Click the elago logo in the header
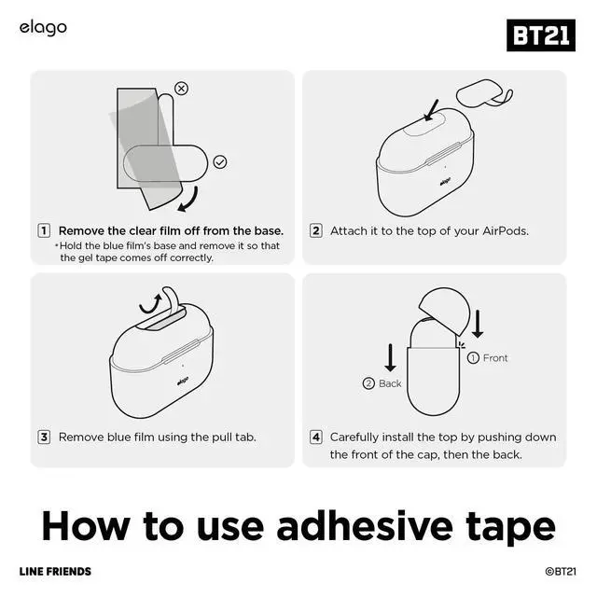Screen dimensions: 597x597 coord(43,28)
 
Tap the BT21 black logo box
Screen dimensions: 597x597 coord(541,35)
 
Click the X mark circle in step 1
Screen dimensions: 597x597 coord(181,89)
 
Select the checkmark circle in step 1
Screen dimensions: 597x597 coord(220,162)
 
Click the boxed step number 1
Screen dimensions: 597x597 coord(44,230)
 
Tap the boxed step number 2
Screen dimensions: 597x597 coord(315,230)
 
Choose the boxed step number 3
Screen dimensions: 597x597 coord(44,437)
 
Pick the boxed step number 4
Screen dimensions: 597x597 coord(315,437)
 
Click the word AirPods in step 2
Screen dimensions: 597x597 coord(506,231)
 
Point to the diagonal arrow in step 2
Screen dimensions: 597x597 coord(431,110)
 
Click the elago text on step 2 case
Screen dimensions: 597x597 coord(445,182)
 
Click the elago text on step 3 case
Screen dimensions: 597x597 coord(183,381)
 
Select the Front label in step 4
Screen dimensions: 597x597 coord(495,358)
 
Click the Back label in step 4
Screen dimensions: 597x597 coord(390,383)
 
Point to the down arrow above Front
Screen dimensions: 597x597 coord(478,324)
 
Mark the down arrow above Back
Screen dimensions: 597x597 coord(390,357)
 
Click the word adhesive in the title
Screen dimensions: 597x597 coord(365,526)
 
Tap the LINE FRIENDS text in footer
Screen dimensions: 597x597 coord(55,572)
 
